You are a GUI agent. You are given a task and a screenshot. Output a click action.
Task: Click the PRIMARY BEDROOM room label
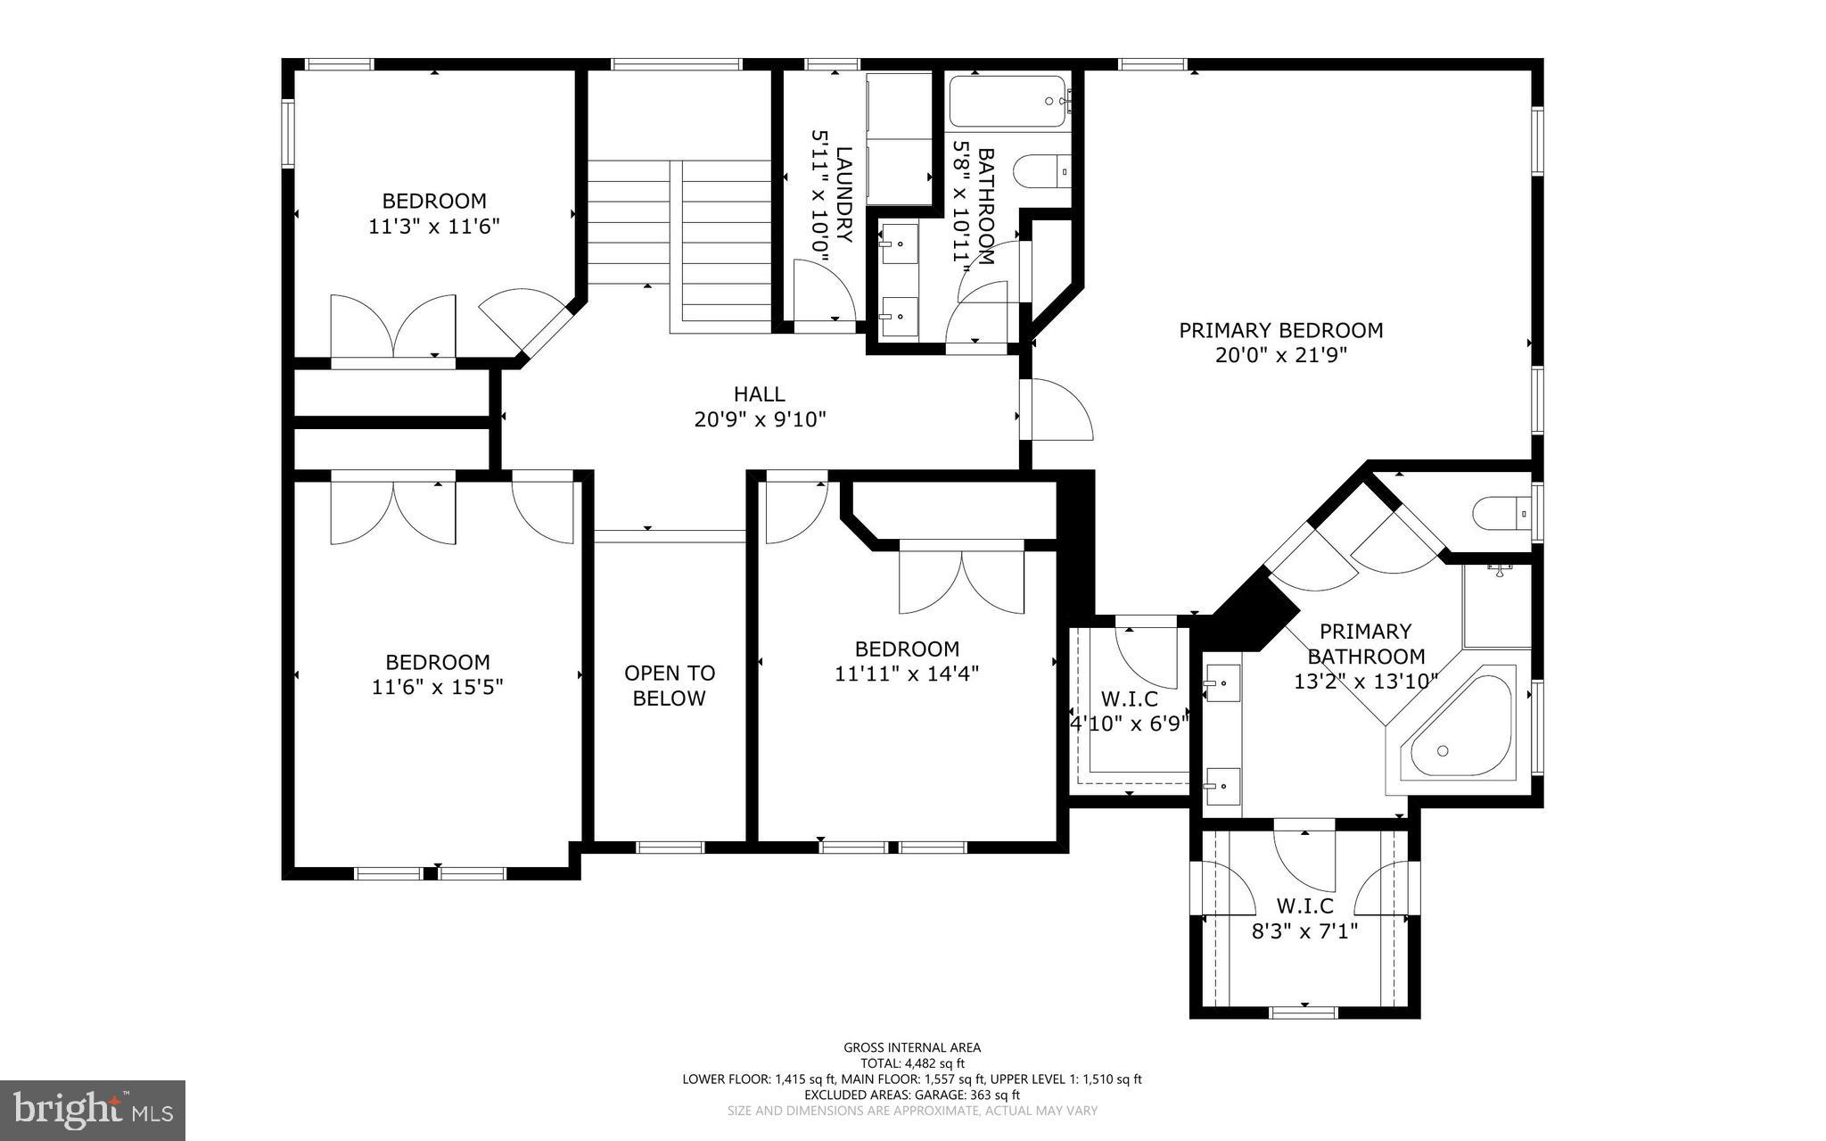pos(1280,330)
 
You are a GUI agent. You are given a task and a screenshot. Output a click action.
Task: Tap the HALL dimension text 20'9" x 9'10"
pos(760,418)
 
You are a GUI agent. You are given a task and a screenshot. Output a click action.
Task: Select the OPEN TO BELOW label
pos(669,685)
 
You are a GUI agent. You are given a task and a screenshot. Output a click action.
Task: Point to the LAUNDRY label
pos(844,194)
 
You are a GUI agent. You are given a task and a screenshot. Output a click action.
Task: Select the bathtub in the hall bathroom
pos(1010,102)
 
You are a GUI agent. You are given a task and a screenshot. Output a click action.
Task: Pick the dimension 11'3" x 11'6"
pos(433,227)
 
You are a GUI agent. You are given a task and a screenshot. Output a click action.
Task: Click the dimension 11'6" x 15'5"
pos(437,687)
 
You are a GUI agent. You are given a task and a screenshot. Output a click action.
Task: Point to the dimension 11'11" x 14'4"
pos(907,674)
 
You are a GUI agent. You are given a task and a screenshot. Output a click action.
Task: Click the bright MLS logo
pos(93,1111)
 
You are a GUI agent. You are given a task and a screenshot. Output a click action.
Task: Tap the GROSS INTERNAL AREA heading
pos(912,1048)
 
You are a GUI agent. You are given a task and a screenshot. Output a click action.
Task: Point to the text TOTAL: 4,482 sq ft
pos(912,1063)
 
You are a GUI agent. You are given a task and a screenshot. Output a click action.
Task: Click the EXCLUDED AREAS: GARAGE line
pos(912,1095)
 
